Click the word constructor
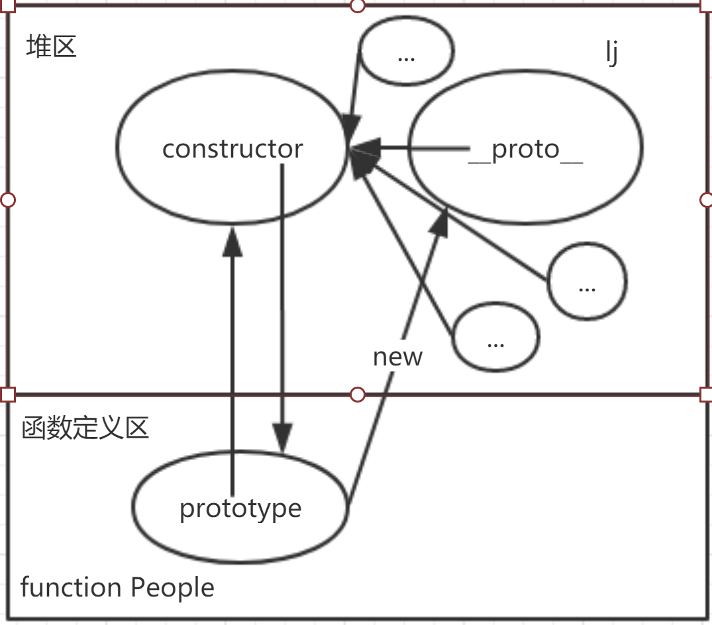(x=232, y=149)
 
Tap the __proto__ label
(x=525, y=150)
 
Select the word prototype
(x=240, y=508)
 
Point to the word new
(x=397, y=357)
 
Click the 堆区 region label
(x=51, y=47)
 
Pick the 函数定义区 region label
(x=85, y=428)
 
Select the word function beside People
(x=71, y=587)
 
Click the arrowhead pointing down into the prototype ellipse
(x=283, y=439)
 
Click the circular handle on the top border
(x=357, y=6)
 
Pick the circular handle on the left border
(x=7, y=200)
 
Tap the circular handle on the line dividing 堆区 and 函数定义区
(x=357, y=395)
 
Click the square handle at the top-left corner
(x=7, y=6)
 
